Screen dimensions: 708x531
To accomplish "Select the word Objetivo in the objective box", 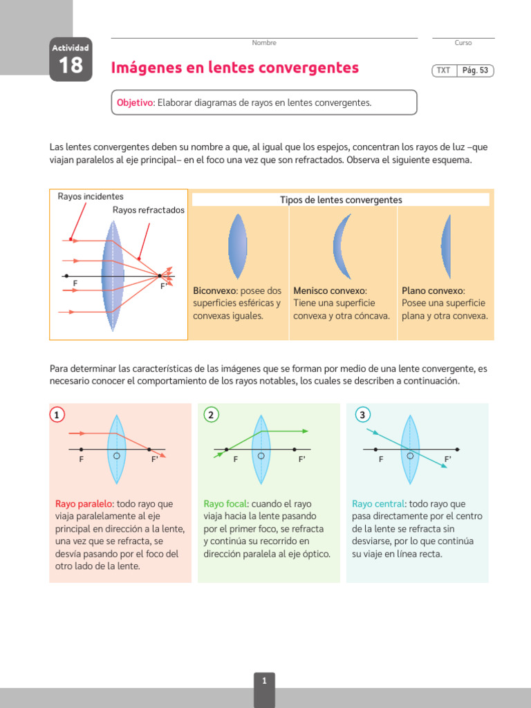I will (134, 102).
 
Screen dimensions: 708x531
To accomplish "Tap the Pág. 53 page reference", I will (475, 71).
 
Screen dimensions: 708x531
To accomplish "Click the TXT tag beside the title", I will (443, 71).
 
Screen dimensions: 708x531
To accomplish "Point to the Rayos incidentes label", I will (91, 196).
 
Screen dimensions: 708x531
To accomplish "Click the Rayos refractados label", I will (149, 210).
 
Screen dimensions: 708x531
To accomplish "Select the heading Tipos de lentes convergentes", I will (340, 200).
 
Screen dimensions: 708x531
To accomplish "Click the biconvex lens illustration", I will (237, 245).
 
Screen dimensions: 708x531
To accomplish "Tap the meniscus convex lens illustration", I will (342, 245).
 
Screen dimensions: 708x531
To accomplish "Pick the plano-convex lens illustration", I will (447, 245).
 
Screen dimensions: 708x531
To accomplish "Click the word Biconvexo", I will (214, 291).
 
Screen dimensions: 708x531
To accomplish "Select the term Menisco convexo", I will (330, 291).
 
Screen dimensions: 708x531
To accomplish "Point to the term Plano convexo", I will (433, 291).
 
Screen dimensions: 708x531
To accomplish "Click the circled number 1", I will (58, 415).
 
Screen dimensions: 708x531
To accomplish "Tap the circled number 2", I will (212, 415).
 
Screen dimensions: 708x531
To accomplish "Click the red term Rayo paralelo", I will (84, 504).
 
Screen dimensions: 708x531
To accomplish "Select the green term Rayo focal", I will (225, 504).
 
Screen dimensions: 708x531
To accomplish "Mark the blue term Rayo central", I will (378, 504).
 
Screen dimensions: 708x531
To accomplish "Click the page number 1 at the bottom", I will (264, 681).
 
